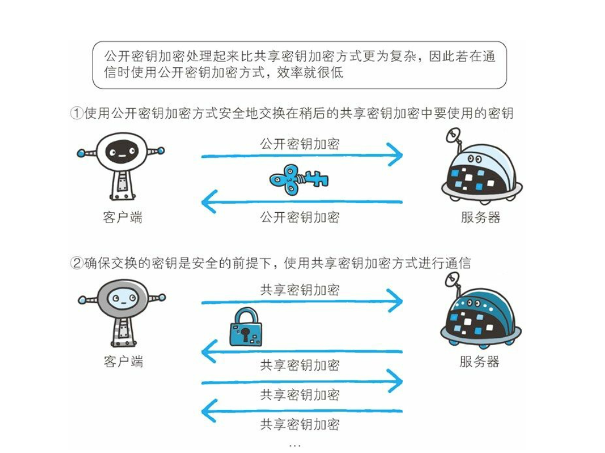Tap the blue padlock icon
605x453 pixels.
tap(246, 328)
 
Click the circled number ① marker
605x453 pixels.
tap(77, 113)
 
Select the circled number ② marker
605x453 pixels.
tap(77, 263)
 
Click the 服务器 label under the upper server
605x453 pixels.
tap(481, 217)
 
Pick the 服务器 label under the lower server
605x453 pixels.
tap(480, 362)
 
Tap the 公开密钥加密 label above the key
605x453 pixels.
tap(300, 143)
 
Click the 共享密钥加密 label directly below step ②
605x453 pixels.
tap(300, 290)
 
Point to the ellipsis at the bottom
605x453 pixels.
tap(295, 445)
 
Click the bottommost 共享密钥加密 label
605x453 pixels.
tap(300, 424)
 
